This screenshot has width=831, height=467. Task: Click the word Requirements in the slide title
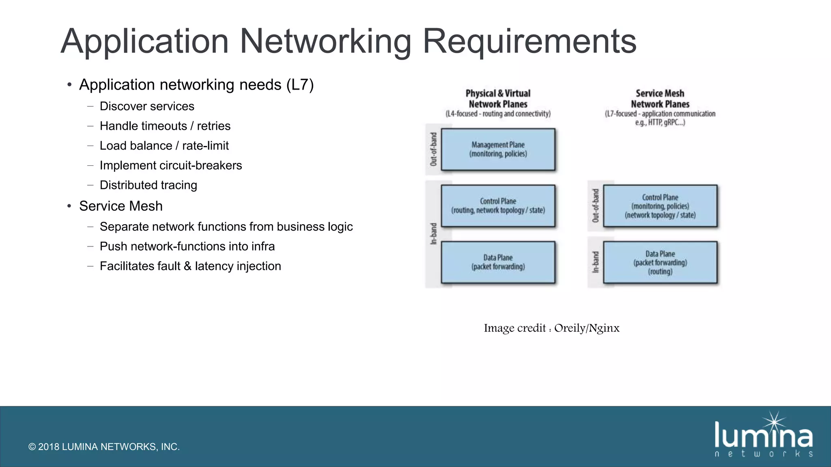[x=530, y=41]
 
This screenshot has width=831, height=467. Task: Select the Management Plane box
[x=498, y=149]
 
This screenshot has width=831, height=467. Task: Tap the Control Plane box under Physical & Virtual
[x=498, y=206]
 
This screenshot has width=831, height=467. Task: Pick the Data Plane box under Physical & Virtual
[x=498, y=262]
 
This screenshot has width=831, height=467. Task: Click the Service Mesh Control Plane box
[x=660, y=206]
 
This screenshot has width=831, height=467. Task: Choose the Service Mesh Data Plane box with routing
[x=660, y=262]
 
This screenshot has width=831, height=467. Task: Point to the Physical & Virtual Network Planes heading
[x=498, y=99]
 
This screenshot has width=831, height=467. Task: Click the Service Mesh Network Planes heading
[x=660, y=99]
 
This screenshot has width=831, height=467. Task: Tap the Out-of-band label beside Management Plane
[x=433, y=149]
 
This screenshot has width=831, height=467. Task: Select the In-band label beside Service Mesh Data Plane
[x=596, y=262]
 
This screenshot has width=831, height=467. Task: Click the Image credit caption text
[x=551, y=328]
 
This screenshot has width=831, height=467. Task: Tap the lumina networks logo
[x=763, y=436]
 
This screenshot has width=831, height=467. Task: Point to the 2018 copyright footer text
[x=104, y=447]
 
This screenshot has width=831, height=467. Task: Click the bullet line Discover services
[x=147, y=106]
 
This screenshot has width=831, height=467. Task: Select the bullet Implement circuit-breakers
[x=170, y=165]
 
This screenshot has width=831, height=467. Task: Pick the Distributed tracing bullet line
[x=148, y=185]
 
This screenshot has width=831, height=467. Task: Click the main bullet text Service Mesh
[x=121, y=206]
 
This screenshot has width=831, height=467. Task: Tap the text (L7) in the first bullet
[x=300, y=85]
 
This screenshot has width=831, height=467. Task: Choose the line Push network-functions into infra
[x=187, y=246]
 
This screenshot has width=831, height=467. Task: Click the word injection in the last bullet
[x=258, y=266]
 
